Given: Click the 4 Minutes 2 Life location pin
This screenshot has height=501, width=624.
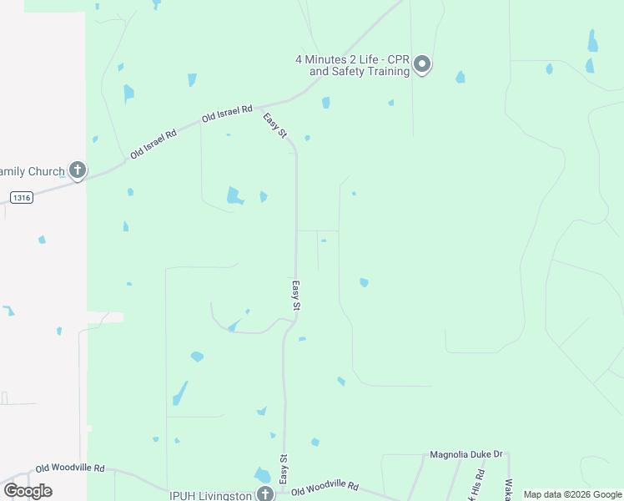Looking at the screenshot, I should tap(422, 63).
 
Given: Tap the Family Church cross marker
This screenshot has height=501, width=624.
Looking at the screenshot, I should tap(77, 171).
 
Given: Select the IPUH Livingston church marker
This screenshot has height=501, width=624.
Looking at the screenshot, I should tap(264, 494).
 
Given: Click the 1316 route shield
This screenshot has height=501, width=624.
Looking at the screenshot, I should tap(23, 197).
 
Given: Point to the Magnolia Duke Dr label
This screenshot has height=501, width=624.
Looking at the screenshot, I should tap(466, 455).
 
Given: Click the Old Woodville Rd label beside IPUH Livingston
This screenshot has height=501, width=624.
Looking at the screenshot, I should tap(325, 485).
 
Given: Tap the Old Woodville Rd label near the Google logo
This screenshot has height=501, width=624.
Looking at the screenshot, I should tap(70, 469).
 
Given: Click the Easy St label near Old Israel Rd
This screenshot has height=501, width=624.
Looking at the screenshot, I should tap(275, 126).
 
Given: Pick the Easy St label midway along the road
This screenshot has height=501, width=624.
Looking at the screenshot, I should tap(295, 296).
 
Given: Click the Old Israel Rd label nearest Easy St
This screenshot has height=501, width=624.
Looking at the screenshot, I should tap(227, 115).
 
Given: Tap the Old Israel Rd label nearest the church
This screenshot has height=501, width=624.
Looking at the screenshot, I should tap(153, 144).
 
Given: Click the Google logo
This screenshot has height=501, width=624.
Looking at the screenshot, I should tap(28, 491).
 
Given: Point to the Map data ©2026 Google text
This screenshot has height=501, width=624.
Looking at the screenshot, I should tap(572, 494).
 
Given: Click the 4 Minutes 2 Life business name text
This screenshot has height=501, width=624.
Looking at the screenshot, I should tap(353, 65).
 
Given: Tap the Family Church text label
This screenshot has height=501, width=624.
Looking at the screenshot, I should tap(32, 171).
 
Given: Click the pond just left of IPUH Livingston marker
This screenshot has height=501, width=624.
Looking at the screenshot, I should tap(261, 475).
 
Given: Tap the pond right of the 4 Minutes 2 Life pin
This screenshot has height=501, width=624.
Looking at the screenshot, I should tap(460, 78).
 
